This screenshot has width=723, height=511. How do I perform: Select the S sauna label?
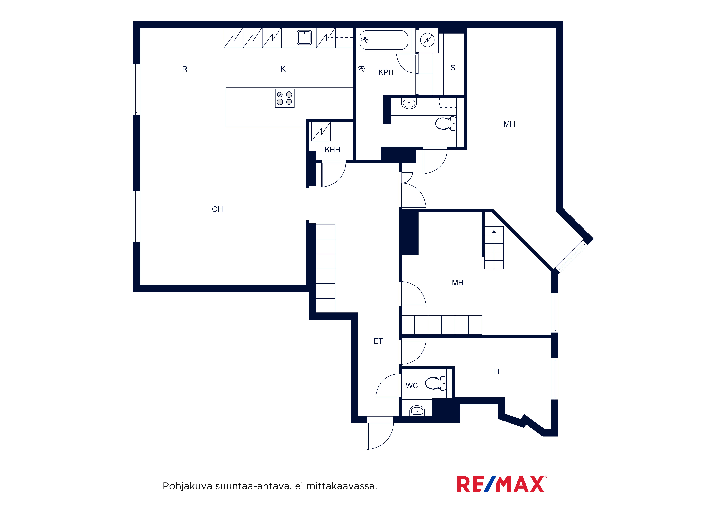(453, 68)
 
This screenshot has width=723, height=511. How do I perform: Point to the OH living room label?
(217, 209)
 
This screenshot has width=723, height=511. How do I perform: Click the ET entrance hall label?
(378, 341)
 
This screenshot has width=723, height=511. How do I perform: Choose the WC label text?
(412, 386)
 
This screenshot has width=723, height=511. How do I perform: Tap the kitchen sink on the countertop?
(304, 37)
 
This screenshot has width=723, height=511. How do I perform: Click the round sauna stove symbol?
(427, 40)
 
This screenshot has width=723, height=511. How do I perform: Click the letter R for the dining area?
(185, 69)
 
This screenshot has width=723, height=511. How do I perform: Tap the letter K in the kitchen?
(283, 69)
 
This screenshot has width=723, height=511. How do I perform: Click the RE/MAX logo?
(502, 484)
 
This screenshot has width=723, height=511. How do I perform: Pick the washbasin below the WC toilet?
(417, 411)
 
